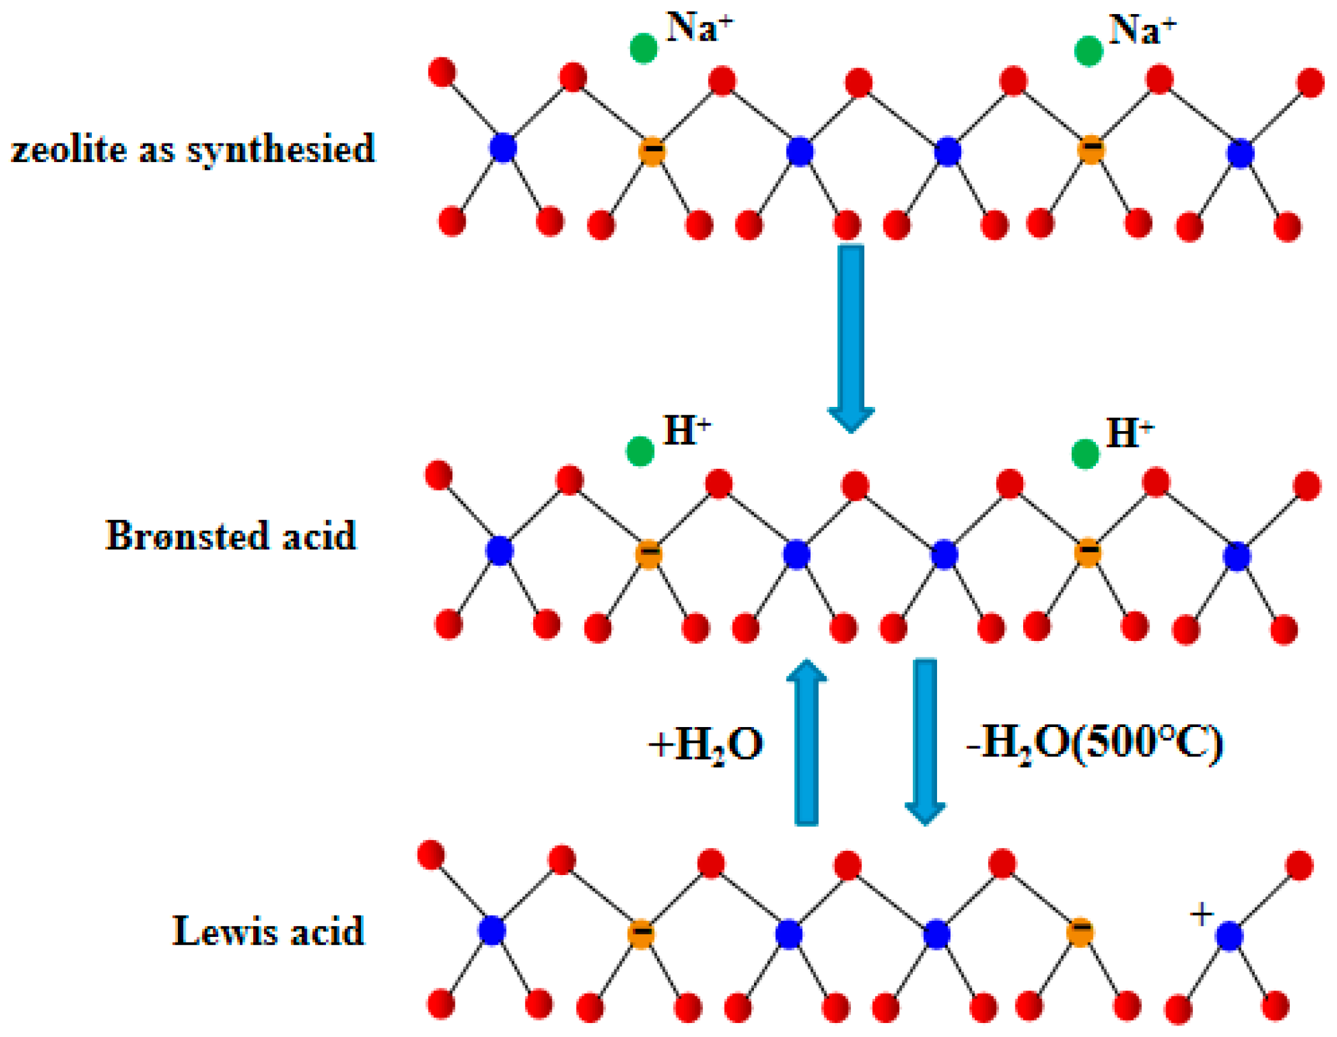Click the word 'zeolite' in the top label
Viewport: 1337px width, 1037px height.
[69, 149]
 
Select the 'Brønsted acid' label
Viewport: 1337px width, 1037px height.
[231, 535]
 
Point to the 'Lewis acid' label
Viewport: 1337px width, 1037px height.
[268, 931]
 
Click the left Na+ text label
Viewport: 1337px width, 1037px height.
[699, 28]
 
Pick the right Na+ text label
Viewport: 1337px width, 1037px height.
[1142, 31]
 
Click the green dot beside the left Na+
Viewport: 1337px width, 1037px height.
[644, 48]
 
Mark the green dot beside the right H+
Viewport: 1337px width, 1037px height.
[1085, 454]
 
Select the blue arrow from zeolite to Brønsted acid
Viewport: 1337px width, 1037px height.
[850, 338]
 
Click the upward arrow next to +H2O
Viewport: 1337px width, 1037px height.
[807, 743]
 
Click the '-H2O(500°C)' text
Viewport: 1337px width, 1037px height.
[1095, 743]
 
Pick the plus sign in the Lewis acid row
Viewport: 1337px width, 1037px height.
[1202, 915]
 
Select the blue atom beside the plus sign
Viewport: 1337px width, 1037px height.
[1229, 936]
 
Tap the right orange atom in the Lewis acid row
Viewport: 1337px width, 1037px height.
[1080, 932]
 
